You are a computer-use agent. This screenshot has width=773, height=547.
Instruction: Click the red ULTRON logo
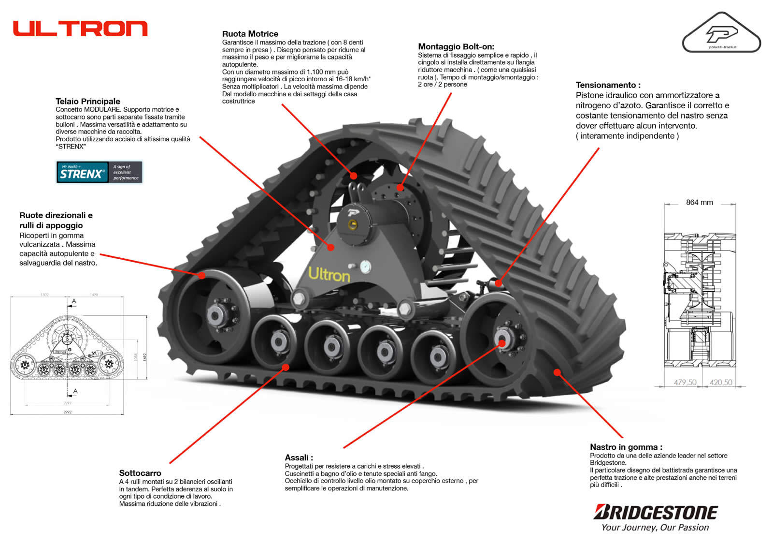[x=80, y=29]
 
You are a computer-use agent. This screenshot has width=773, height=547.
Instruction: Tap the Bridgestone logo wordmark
[x=655, y=512]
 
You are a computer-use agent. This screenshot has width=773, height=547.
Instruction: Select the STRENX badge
[x=99, y=172]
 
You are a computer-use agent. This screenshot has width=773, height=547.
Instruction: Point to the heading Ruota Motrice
[x=250, y=34]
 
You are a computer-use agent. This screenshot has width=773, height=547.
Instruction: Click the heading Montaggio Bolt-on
[x=456, y=46]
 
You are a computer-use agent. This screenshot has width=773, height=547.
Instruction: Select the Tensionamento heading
[x=608, y=85]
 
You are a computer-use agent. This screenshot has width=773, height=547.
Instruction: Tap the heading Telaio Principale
[x=87, y=101]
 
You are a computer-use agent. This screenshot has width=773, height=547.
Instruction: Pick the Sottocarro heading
[x=140, y=473]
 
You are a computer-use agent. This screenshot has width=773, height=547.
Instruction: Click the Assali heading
[x=299, y=458]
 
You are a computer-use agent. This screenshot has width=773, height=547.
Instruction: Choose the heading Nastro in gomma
[x=626, y=447]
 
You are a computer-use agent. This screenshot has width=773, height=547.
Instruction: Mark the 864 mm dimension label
[x=699, y=203]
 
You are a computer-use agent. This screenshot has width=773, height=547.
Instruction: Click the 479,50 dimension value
[x=685, y=383]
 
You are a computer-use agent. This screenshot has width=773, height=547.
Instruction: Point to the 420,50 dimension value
[x=720, y=383]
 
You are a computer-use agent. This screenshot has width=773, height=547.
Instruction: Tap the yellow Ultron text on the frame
[x=329, y=275]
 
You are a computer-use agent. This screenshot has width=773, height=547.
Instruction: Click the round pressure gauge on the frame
[x=366, y=266]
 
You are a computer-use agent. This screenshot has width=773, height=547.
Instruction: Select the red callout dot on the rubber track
[x=557, y=372]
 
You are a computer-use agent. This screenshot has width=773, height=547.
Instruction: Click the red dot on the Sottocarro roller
[x=286, y=367]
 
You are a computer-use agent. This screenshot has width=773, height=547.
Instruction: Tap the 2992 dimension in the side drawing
[x=67, y=412]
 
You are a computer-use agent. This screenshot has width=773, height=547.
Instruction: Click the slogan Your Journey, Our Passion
[x=655, y=528]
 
